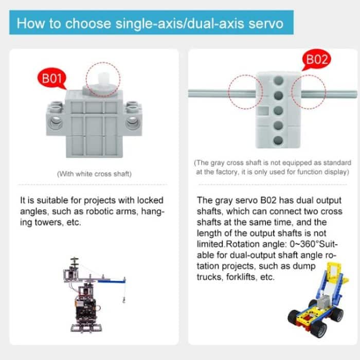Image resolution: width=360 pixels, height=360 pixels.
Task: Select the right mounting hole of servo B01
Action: point(133,122)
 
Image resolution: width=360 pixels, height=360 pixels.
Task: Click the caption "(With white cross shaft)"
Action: point(94,174)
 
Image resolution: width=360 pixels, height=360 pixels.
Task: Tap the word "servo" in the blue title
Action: point(265,24)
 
